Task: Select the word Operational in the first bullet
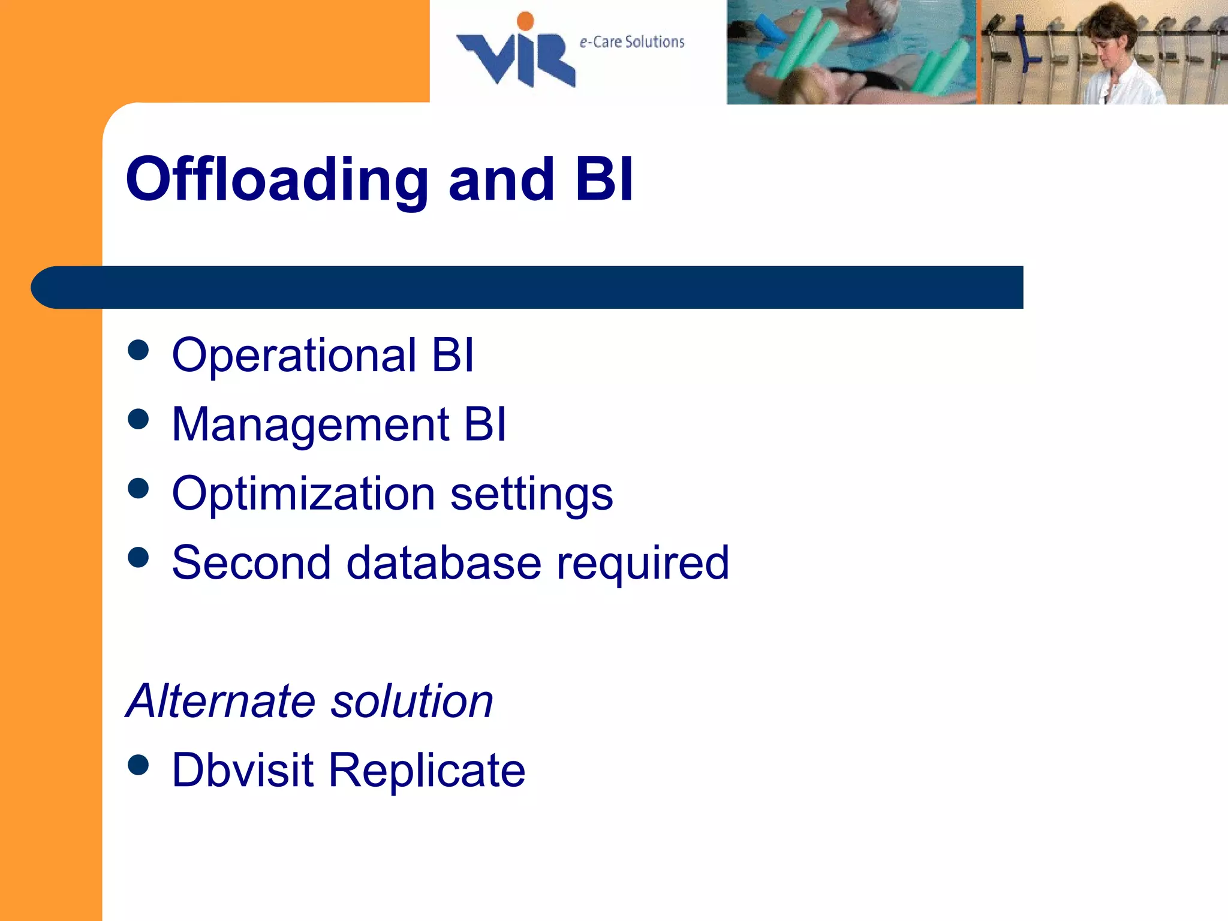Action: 294,355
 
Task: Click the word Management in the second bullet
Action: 310,425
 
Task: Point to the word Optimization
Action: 303,494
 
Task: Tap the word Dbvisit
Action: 242,770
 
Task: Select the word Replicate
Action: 426,771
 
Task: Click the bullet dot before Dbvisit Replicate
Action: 139,765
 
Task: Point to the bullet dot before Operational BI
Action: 139,350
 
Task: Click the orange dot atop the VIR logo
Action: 525,20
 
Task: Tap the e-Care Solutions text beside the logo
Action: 632,42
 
